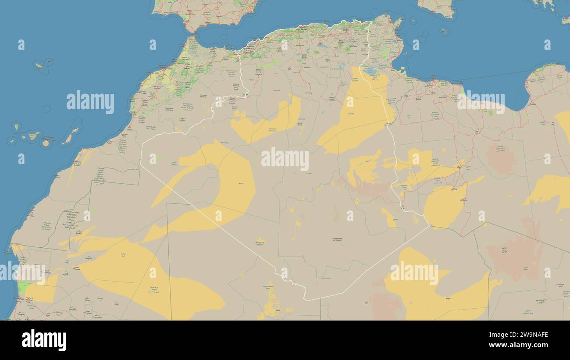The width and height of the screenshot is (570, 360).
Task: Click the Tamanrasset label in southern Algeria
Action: pos(338,239)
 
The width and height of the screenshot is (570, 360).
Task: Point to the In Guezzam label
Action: pos(325,278)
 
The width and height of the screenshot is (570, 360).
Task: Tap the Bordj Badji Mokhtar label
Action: pos(260,243)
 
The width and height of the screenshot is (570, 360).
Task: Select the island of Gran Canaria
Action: pos(46,143)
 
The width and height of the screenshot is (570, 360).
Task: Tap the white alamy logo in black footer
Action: pos(44,340)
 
